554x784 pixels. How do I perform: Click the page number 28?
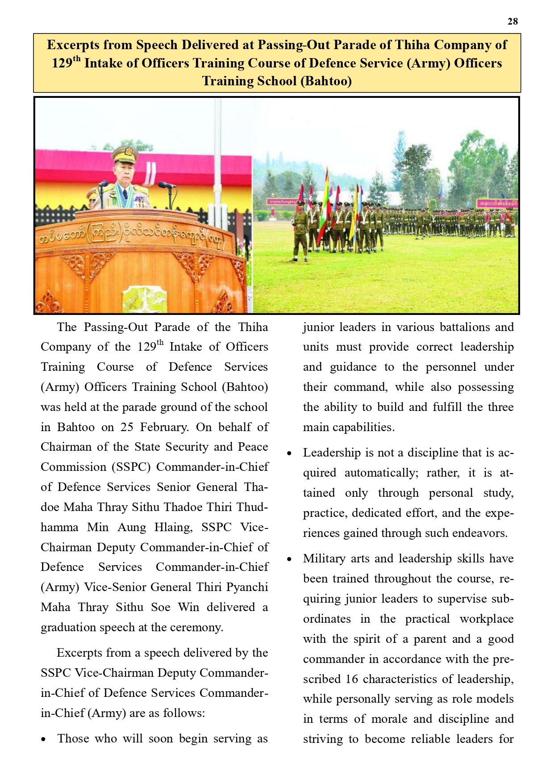coord(512,21)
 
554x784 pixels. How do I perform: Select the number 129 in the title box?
coord(62,63)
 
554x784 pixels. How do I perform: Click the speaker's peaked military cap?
coord(125,155)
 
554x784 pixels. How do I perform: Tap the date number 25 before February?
coord(127,427)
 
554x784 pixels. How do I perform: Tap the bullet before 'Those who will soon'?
coord(43,740)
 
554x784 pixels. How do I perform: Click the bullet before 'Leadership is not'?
coord(289,454)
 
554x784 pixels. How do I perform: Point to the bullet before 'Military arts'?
coord(289,560)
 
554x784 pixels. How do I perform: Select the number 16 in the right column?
coord(352,679)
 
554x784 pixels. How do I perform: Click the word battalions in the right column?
coord(464,327)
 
